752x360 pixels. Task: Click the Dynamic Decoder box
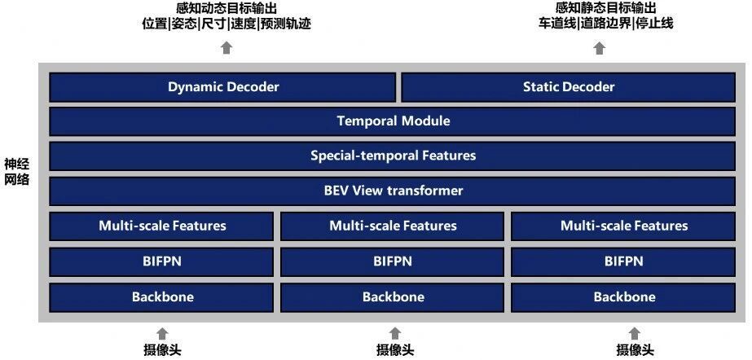(x=222, y=87)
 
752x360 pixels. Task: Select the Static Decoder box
(x=569, y=87)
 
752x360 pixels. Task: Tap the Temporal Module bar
(x=393, y=121)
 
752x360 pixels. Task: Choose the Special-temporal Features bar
(x=393, y=156)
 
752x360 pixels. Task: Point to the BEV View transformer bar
(x=393, y=191)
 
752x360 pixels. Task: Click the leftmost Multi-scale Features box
(x=161, y=226)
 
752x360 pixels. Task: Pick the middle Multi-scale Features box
(x=393, y=226)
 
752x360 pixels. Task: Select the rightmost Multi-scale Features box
(x=623, y=226)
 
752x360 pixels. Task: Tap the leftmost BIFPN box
(x=161, y=261)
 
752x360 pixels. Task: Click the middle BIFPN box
(x=393, y=261)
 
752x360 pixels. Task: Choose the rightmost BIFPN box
(x=623, y=261)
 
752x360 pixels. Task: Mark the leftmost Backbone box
(x=161, y=297)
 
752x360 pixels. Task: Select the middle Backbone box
(x=393, y=297)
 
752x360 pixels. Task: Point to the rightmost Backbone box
(x=623, y=297)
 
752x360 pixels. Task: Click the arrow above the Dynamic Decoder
(x=226, y=48)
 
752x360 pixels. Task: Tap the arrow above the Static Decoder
(x=599, y=48)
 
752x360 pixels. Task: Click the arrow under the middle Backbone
(x=395, y=334)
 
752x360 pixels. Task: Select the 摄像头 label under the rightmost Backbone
(x=635, y=350)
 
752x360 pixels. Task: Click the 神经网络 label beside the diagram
(x=17, y=173)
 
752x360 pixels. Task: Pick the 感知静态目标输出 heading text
(x=605, y=7)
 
